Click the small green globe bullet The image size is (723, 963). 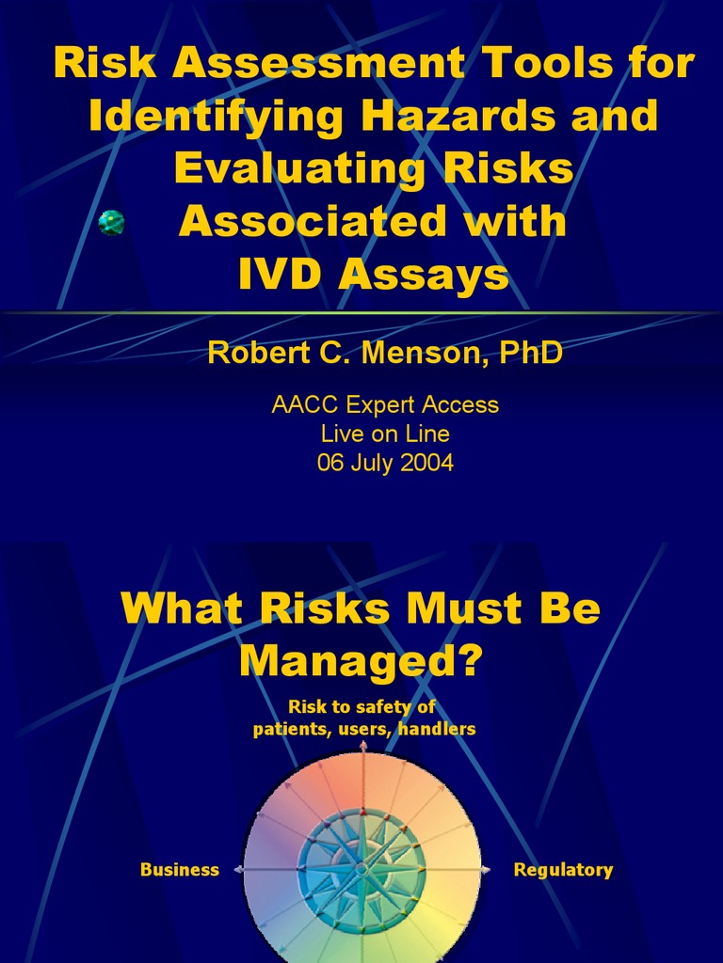[x=112, y=223]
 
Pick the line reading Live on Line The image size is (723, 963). [x=385, y=434]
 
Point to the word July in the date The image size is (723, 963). [x=369, y=463]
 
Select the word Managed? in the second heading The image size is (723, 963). [x=361, y=660]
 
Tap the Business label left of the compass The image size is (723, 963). [x=179, y=870]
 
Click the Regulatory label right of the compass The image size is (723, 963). [x=563, y=870]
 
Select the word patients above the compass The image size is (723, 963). [x=289, y=729]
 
